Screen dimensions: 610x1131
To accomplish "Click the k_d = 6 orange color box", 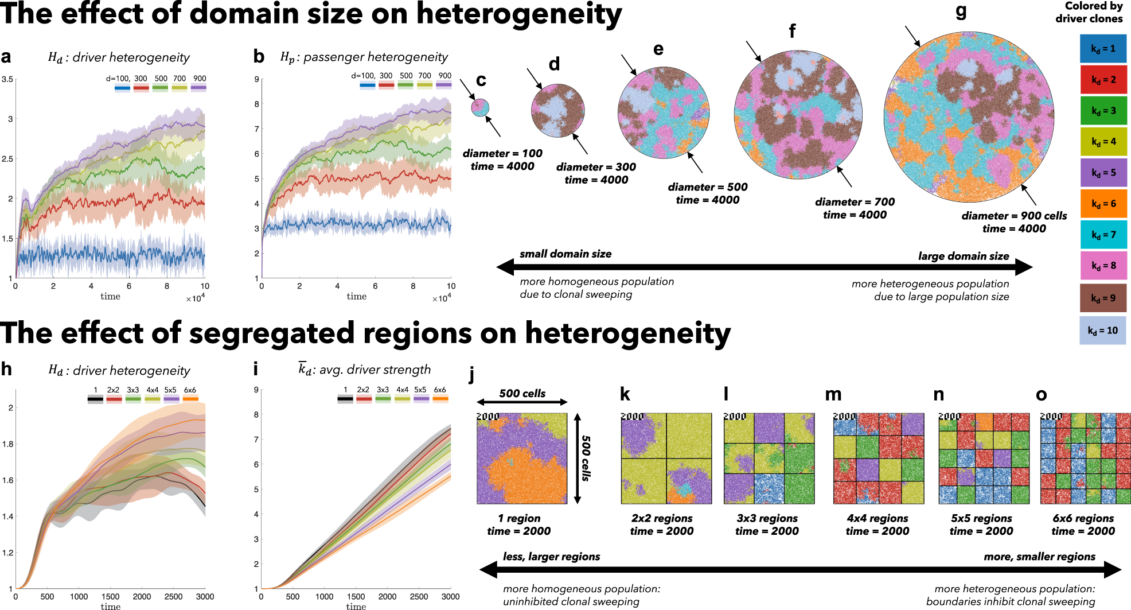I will point(1103,204).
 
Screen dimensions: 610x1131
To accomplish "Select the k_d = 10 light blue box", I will point(1103,331).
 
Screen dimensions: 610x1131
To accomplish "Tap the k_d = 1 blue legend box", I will point(1103,49).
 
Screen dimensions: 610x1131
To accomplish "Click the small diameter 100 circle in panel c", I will point(480,107).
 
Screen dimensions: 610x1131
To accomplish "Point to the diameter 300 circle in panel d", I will point(557,110).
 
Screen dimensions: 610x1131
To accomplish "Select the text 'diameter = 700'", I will point(855,202).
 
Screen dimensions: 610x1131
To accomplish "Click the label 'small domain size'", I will point(565,254).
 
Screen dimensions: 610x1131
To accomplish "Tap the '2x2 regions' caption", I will point(662,518).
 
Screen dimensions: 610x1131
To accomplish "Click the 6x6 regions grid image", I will point(1085,459).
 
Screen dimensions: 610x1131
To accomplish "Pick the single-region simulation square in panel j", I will point(522,459).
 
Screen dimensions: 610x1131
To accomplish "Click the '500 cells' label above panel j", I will point(522,393).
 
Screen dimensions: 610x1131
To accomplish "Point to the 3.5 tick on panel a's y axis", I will point(7,79).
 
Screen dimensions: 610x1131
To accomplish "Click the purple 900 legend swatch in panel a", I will point(198,88).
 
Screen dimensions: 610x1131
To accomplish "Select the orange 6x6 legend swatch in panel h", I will point(190,399).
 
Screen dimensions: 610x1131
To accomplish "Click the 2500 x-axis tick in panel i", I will point(419,596).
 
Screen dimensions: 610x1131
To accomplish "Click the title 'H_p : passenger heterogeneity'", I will point(364,57).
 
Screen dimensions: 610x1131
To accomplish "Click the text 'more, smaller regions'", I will point(1039,557).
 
